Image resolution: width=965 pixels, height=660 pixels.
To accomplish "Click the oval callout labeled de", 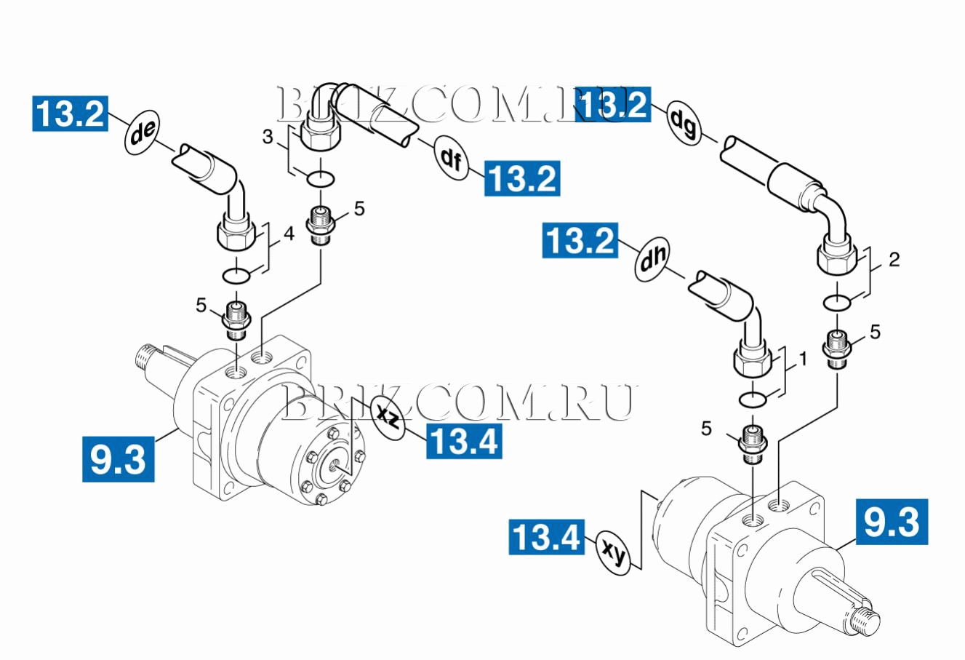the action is click(142, 131).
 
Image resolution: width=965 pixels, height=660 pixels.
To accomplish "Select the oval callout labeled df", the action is click(451, 158).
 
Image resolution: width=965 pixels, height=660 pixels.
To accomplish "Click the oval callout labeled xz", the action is click(388, 416).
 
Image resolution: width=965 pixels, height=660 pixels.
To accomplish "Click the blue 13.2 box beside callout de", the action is click(71, 113).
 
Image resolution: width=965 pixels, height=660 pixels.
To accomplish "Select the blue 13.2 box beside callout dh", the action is click(580, 240).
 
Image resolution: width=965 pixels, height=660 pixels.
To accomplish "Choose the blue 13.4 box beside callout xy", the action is click(547, 537).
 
